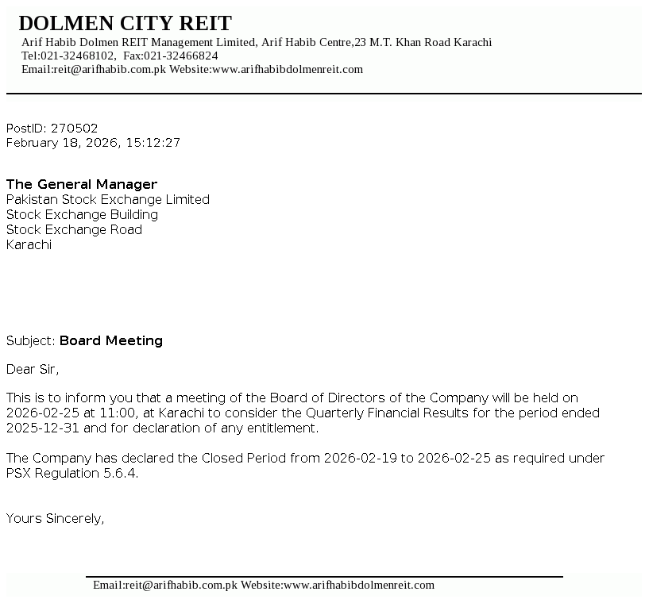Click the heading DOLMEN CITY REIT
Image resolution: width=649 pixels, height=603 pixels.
tap(125, 23)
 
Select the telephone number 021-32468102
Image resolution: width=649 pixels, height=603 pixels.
tap(77, 56)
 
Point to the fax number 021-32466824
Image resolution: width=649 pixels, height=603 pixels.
tap(181, 56)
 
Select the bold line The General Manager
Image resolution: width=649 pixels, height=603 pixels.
tap(82, 184)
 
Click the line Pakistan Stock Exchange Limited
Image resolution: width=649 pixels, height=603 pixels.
tap(108, 199)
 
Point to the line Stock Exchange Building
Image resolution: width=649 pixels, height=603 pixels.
tap(82, 214)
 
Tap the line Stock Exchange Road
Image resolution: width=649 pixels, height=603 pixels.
tap(74, 229)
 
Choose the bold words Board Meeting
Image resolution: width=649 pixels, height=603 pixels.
tap(111, 340)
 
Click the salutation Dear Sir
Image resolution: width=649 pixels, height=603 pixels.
tap(33, 369)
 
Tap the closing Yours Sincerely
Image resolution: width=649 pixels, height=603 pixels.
tap(56, 518)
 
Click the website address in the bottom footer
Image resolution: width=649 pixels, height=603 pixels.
tap(359, 585)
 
